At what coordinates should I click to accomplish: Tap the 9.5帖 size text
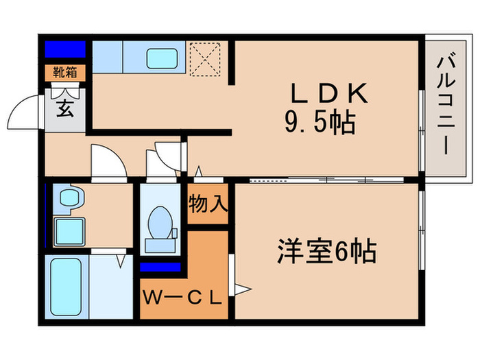click(320, 123)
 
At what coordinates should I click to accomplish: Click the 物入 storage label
click(208, 203)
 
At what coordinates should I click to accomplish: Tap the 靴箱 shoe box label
click(65, 71)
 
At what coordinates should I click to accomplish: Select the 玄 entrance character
click(65, 108)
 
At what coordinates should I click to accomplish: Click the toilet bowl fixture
click(162, 225)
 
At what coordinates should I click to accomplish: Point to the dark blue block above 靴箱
click(65, 49)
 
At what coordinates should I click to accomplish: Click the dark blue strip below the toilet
click(160, 267)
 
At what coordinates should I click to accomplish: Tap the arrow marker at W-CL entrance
click(241, 288)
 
